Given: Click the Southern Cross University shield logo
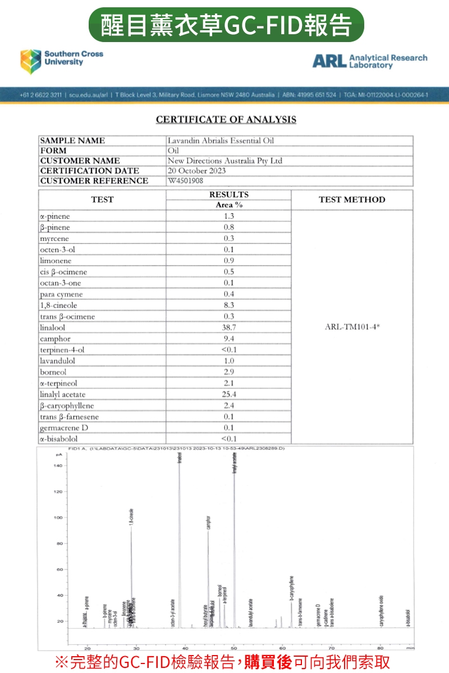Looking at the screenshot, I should click(x=31, y=61).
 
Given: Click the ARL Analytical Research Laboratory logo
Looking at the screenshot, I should click(x=369, y=61).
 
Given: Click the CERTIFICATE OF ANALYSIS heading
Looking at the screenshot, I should click(x=226, y=119).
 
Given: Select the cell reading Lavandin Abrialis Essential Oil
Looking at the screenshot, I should click(x=221, y=141).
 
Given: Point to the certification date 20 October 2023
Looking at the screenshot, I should click(x=197, y=170).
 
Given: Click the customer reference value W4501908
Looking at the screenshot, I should click(x=186, y=181).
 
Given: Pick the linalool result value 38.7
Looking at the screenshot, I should click(x=228, y=328).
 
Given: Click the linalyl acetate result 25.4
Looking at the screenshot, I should click(x=228, y=394).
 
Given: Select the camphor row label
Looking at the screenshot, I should click(x=55, y=339).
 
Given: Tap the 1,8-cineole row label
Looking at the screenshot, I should click(x=58, y=306).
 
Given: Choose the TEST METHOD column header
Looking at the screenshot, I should click(x=352, y=200).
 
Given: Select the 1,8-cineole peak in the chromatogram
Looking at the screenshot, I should click(x=131, y=561).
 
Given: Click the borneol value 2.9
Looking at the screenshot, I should click(x=228, y=372).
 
